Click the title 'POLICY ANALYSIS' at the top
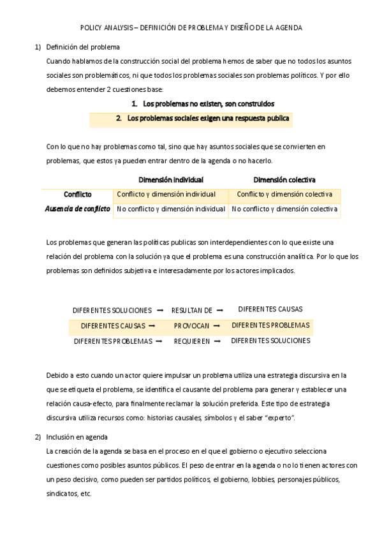click(107, 28)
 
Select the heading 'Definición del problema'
click(83, 47)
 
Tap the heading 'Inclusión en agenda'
click(77, 437)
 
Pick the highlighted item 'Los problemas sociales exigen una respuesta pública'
click(209, 118)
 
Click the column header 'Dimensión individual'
click(171, 180)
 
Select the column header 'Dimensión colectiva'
click(284, 180)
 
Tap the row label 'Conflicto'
click(78, 194)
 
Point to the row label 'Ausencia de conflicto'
click(78, 209)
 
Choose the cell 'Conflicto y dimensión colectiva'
click(284, 194)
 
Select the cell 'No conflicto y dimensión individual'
click(171, 209)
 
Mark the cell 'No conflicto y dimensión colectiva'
click(284, 209)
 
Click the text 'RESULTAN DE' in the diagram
click(192, 311)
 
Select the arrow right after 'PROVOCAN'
click(217, 326)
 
